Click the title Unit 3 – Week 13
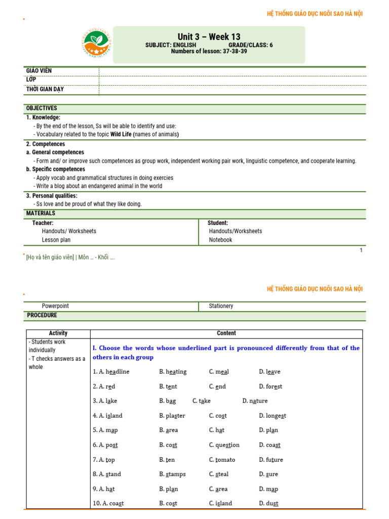pos(209,36)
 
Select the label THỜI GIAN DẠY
pos(45,90)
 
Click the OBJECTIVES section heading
pos(42,108)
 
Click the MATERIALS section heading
pos(41,213)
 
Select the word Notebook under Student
pos(220,240)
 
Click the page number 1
pos(361,250)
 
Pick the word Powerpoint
pos(55,306)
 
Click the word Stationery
pos(221,306)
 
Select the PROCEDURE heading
pos(42,315)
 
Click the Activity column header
pos(58,333)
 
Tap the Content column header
pos(226,333)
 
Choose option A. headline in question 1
pos(111,372)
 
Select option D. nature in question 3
pos(255,401)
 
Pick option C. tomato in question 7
pos(222,460)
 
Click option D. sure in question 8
pos(268,474)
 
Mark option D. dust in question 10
pos(268,503)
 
